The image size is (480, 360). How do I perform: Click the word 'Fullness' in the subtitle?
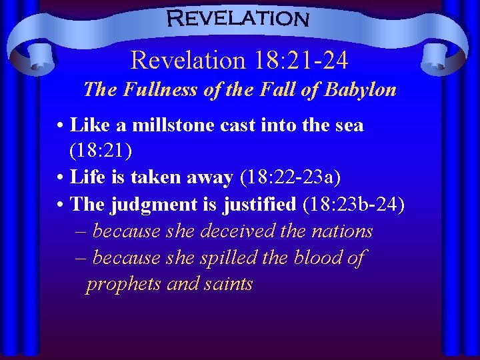tap(152, 89)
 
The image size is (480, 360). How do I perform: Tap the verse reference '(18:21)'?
tap(101, 151)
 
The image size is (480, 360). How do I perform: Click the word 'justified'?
tap(257, 204)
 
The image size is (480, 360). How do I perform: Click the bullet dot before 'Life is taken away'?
tap(61, 178)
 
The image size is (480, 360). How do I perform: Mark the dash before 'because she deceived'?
tap(81, 231)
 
